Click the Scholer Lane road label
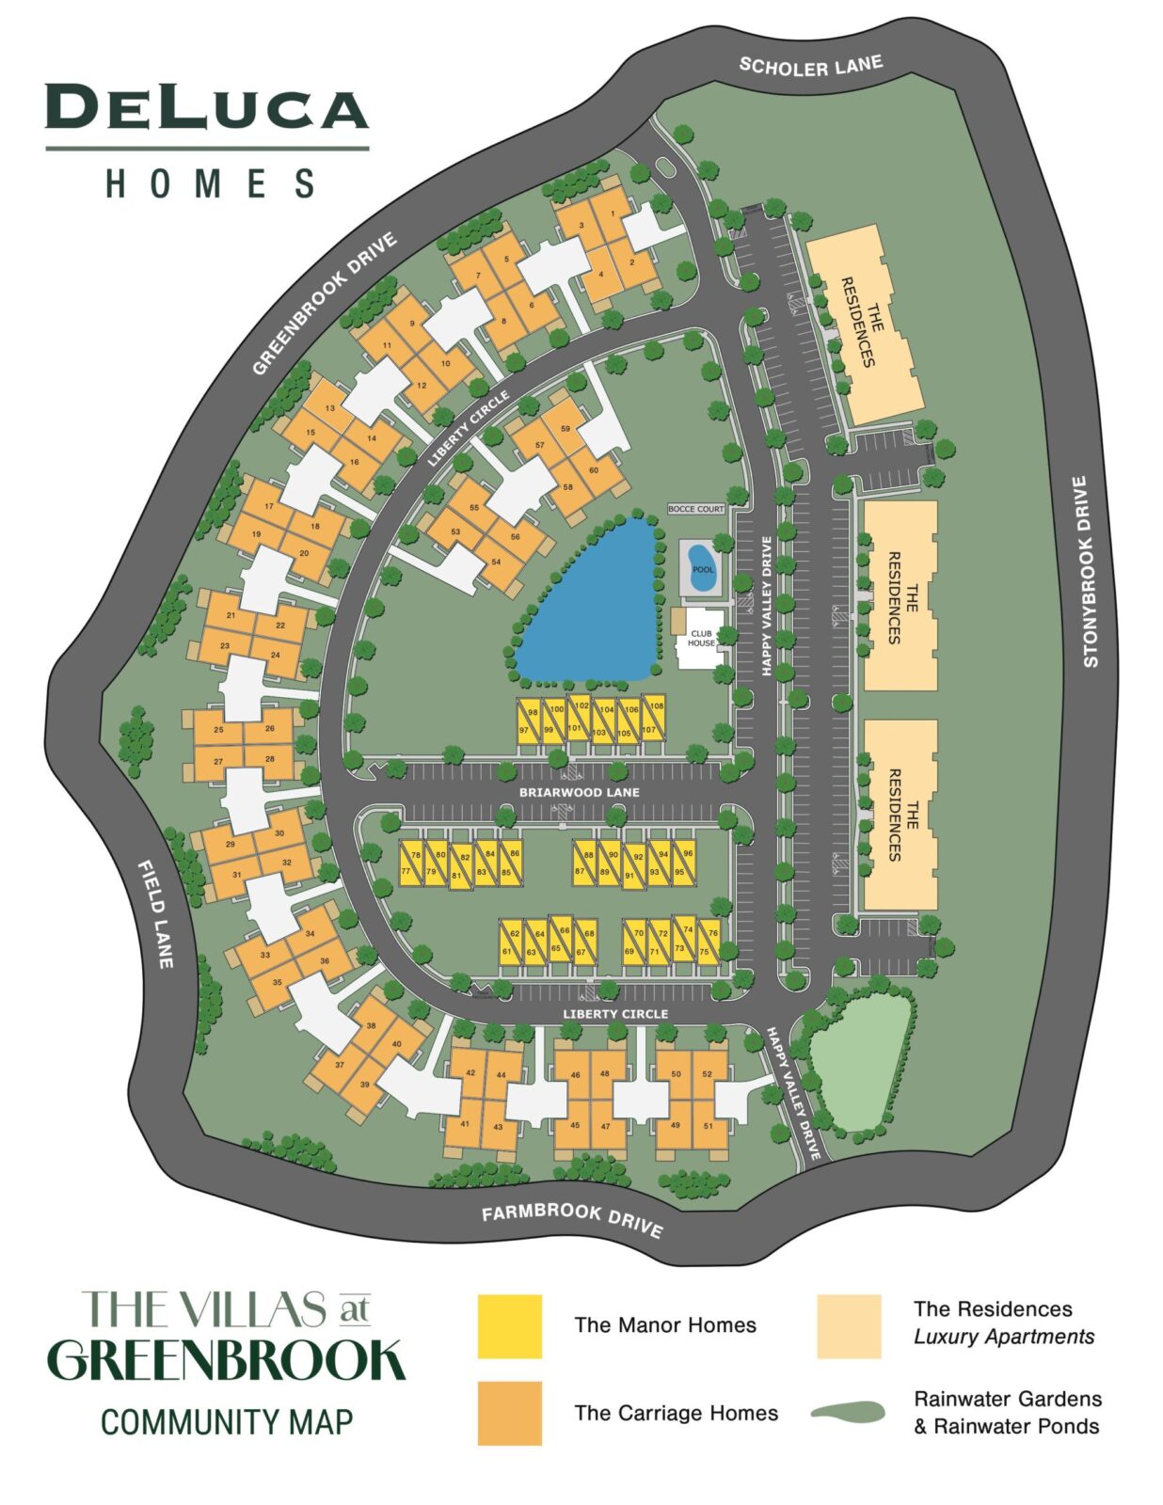[810, 66]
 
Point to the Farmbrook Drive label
[572, 1219]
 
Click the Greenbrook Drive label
[324, 304]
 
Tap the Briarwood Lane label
[579, 792]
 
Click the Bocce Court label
[696, 509]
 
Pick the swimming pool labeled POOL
[702, 568]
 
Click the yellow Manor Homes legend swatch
[509, 1325]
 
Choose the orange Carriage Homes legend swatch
[509, 1412]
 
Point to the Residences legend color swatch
[848, 1325]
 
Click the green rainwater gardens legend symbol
[848, 1412]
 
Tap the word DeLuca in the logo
[206, 108]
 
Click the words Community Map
[227, 1421]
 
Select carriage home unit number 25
[218, 729]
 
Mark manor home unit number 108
[657, 705]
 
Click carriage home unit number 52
[708, 1073]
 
